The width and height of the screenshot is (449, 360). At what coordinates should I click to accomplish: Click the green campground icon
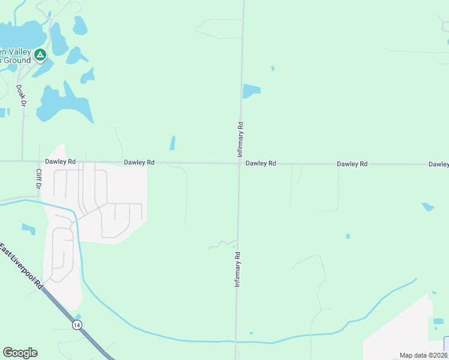click(40, 56)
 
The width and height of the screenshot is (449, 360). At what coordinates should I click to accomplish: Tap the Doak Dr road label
click(22, 96)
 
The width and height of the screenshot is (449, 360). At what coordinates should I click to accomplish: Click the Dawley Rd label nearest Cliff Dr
click(60, 162)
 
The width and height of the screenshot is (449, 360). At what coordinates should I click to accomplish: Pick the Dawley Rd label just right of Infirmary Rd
click(261, 163)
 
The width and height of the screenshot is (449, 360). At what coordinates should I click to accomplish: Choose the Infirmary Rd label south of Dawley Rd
click(237, 269)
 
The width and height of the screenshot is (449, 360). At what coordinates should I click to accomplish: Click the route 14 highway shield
click(77, 325)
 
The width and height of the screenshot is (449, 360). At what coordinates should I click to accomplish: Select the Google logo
click(20, 353)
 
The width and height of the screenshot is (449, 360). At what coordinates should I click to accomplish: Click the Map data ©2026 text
click(424, 355)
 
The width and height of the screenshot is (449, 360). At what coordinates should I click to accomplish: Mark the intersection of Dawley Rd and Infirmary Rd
click(239, 163)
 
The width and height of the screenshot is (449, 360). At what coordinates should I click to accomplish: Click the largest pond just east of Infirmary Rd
click(251, 91)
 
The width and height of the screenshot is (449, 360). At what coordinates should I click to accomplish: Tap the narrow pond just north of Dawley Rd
click(172, 143)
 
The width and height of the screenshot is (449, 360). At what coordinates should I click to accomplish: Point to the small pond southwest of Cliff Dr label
click(28, 229)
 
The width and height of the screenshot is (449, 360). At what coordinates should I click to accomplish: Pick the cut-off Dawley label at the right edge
click(439, 164)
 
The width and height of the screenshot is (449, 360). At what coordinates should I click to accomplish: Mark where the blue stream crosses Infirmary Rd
click(236, 341)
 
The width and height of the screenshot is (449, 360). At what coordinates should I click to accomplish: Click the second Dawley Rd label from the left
click(139, 163)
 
